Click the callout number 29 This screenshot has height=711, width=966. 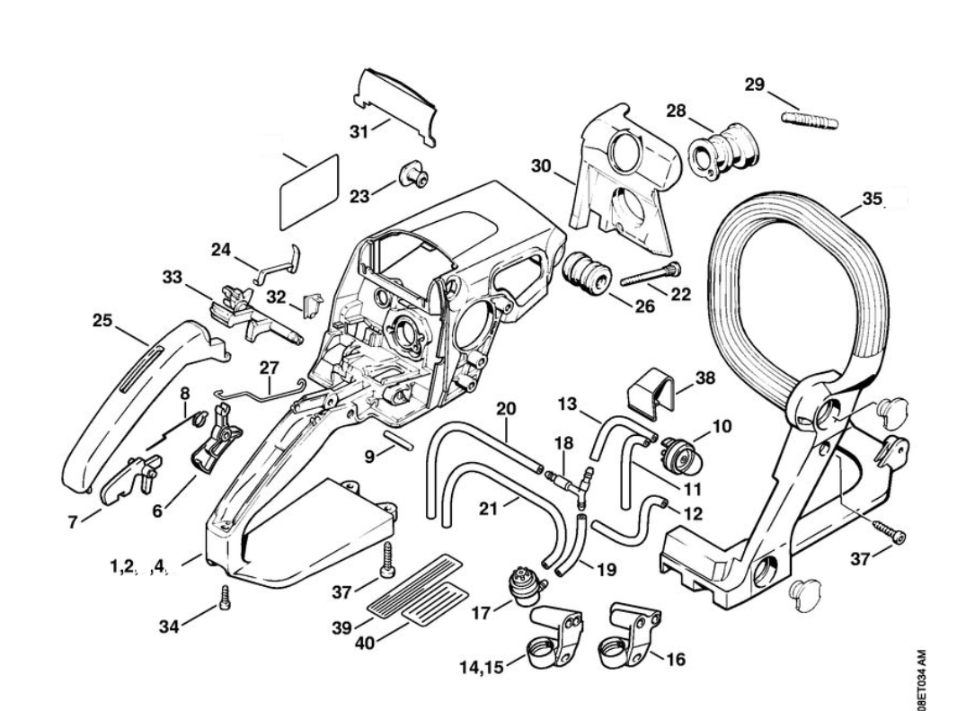click(755, 84)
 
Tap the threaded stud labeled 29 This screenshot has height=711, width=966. click(810, 119)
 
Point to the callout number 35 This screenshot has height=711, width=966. click(872, 199)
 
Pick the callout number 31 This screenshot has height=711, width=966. click(358, 132)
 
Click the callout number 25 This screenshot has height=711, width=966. click(104, 319)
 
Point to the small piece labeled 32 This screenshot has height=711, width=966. click(315, 305)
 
